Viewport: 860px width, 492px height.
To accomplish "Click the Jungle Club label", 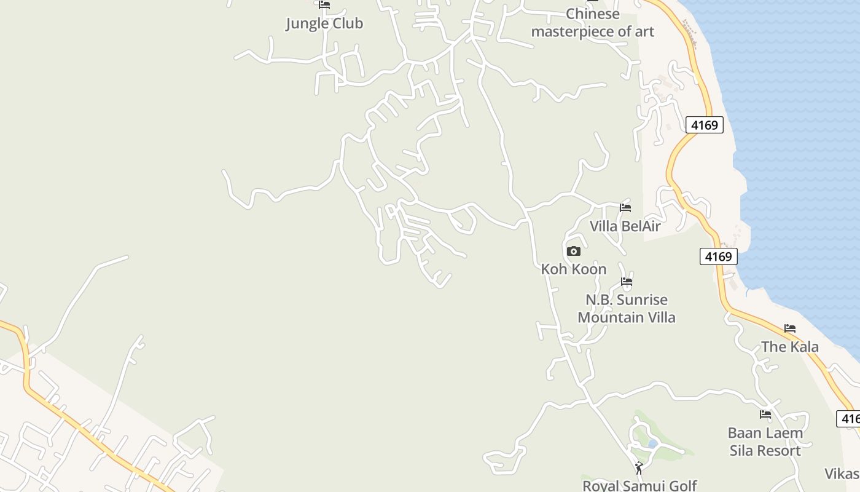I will [324, 23].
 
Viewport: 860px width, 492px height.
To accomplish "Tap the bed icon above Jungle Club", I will [324, 5].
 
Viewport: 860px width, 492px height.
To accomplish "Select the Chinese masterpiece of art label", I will [593, 23].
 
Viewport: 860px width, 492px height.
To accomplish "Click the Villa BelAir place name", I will [625, 226].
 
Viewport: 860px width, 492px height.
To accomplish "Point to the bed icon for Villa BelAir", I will [625, 208].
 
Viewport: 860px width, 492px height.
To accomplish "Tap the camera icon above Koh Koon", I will [573, 251].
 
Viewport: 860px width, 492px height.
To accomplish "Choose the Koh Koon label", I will [573, 269].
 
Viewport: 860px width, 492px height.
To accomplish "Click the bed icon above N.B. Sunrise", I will [627, 282].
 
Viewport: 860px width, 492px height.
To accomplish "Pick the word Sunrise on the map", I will [643, 300].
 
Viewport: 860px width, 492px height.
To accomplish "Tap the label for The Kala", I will [790, 346].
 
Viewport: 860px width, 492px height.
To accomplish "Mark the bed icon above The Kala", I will [790, 328].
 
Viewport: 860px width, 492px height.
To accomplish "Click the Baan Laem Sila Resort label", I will [765, 442].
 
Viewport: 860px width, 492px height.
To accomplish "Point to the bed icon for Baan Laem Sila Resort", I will [765, 415].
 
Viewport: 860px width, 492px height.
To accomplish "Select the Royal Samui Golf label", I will [639, 485].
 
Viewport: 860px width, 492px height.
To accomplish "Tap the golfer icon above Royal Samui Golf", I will [639, 468].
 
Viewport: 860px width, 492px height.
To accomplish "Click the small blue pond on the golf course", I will [652, 443].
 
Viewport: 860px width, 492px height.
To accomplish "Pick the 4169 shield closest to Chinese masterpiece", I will [704, 125].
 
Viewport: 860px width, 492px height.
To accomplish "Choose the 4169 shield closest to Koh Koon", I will [718, 256].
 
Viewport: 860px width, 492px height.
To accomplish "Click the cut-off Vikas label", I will [843, 473].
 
